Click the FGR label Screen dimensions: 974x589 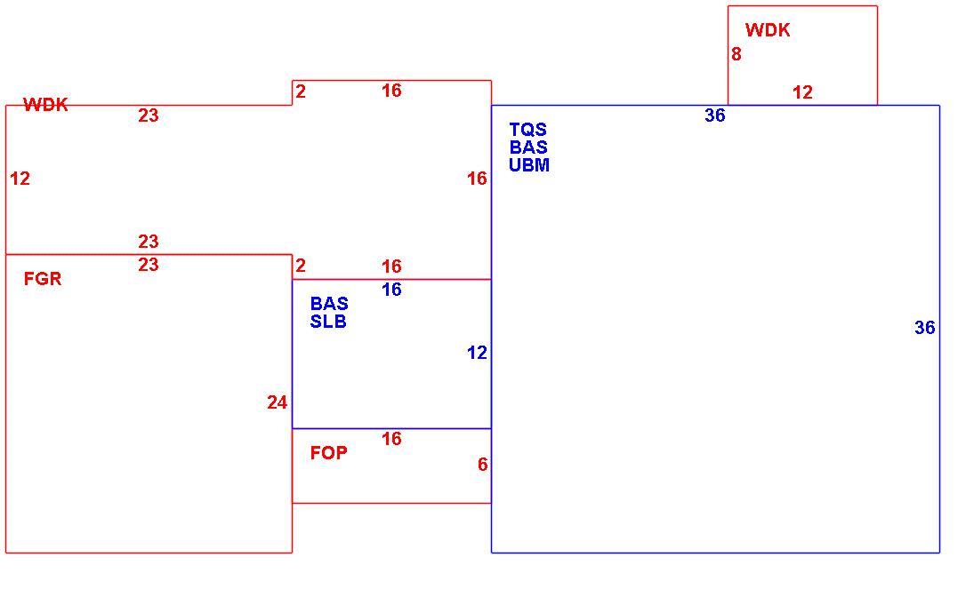[x=43, y=279]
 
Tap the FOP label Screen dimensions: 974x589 [x=328, y=452]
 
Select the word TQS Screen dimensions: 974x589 [x=528, y=129]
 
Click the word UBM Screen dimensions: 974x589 [x=529, y=164]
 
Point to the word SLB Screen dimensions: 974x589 [x=328, y=322]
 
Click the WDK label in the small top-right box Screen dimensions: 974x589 [x=768, y=30]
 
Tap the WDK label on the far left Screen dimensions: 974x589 [x=46, y=104]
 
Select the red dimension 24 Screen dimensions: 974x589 [x=277, y=402]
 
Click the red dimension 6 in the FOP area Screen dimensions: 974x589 [x=483, y=465]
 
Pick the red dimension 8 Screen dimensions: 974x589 [x=737, y=54]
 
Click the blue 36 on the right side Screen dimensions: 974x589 [x=925, y=328]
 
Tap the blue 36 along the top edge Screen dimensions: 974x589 [x=715, y=115]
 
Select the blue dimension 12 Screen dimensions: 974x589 [x=477, y=353]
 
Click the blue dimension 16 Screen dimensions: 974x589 [x=391, y=290]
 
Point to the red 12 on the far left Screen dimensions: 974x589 [x=20, y=179]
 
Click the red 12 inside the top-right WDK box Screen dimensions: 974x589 [x=802, y=92]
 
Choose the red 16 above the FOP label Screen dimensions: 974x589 [x=391, y=439]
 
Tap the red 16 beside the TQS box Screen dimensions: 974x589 [x=477, y=179]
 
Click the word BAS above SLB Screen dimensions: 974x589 [x=329, y=304]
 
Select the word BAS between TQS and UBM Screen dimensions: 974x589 [x=528, y=147]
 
